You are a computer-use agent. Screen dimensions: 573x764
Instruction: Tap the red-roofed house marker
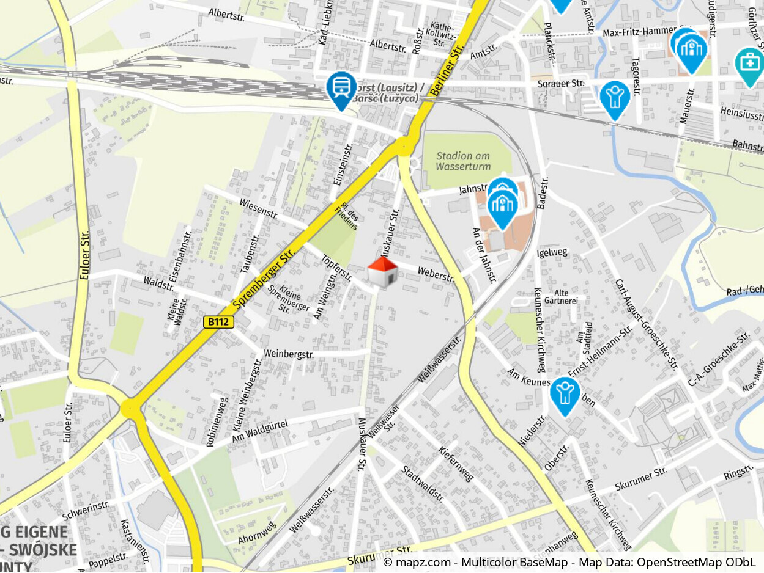point(382,271)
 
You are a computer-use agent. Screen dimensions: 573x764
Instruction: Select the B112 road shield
point(219,322)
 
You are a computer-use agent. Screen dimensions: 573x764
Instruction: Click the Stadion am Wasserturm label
point(464,161)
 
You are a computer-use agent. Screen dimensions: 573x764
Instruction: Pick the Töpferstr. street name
point(336,268)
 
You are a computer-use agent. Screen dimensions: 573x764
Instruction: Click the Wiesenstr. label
point(259,208)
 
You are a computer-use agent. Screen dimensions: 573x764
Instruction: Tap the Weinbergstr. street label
point(289,354)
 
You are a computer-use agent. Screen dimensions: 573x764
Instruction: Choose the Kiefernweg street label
point(456,464)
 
